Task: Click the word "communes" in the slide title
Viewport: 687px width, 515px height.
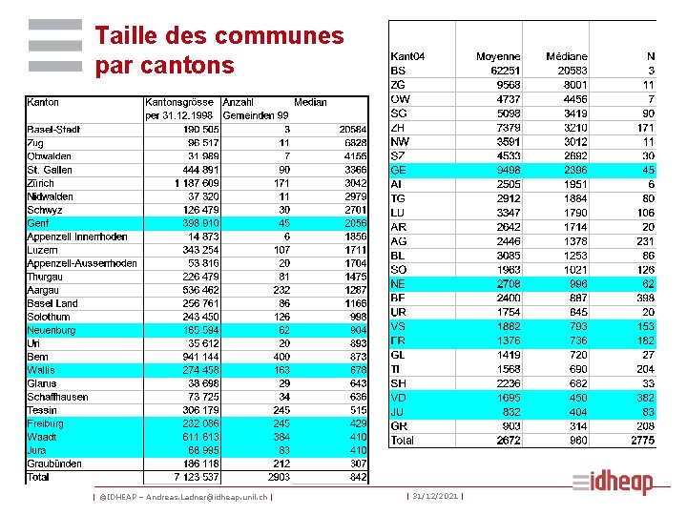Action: [x=279, y=37]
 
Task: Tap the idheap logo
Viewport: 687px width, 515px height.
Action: [x=613, y=483]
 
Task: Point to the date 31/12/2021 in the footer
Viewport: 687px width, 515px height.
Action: [x=434, y=496]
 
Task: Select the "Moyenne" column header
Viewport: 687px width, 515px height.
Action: [x=498, y=57]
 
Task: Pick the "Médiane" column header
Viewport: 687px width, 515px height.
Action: [x=567, y=57]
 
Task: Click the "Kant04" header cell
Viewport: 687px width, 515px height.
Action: [x=407, y=57]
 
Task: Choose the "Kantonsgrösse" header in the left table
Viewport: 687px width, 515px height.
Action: [x=179, y=102]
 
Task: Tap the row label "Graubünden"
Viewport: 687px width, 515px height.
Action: [x=54, y=463]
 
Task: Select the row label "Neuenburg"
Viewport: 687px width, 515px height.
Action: [x=52, y=330]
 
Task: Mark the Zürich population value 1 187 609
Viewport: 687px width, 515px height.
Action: [x=197, y=183]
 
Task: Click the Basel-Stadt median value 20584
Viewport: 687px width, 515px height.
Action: [x=352, y=130]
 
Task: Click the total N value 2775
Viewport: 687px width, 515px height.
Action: [x=643, y=441]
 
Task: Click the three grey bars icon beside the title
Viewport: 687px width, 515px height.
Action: [x=54, y=47]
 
